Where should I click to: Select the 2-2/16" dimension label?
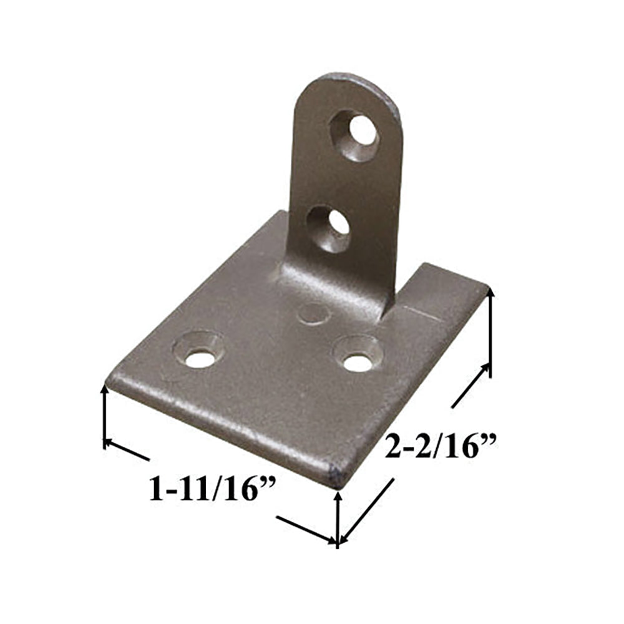click(x=440, y=447)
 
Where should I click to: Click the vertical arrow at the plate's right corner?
click(x=490, y=334)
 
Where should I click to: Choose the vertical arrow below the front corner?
click(x=338, y=518)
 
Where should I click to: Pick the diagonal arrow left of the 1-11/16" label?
click(x=127, y=451)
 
